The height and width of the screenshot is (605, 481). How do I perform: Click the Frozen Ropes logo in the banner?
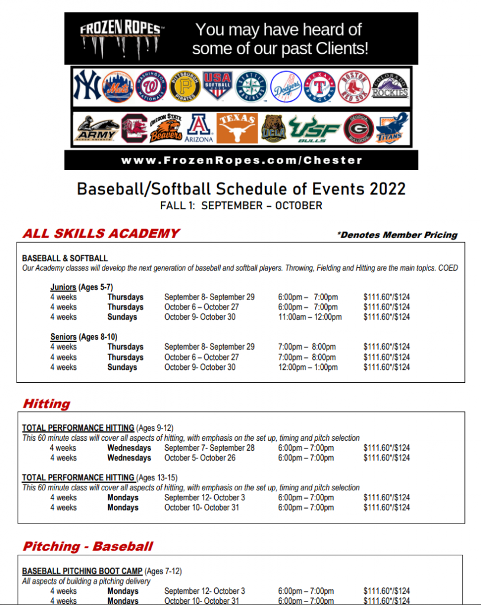[x=121, y=38]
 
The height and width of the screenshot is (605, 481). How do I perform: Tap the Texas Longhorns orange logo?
[x=237, y=128]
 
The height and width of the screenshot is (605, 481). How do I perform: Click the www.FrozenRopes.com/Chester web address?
[x=241, y=160]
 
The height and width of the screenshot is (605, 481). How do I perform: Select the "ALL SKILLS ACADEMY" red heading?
[x=101, y=233]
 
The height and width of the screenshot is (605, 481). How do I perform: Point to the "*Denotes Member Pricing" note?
[x=397, y=235]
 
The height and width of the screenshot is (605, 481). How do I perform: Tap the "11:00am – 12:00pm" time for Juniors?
[x=309, y=317]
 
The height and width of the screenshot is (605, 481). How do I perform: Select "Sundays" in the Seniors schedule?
[x=122, y=367]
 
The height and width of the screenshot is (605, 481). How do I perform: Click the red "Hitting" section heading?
[x=46, y=404]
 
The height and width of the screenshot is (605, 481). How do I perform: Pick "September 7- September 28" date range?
[x=209, y=448]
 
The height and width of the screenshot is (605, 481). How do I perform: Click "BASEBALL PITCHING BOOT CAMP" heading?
[x=82, y=571]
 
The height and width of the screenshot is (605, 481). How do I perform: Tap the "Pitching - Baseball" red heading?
[x=88, y=547]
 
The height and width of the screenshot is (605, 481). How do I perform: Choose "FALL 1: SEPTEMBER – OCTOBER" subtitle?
[x=241, y=206]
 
